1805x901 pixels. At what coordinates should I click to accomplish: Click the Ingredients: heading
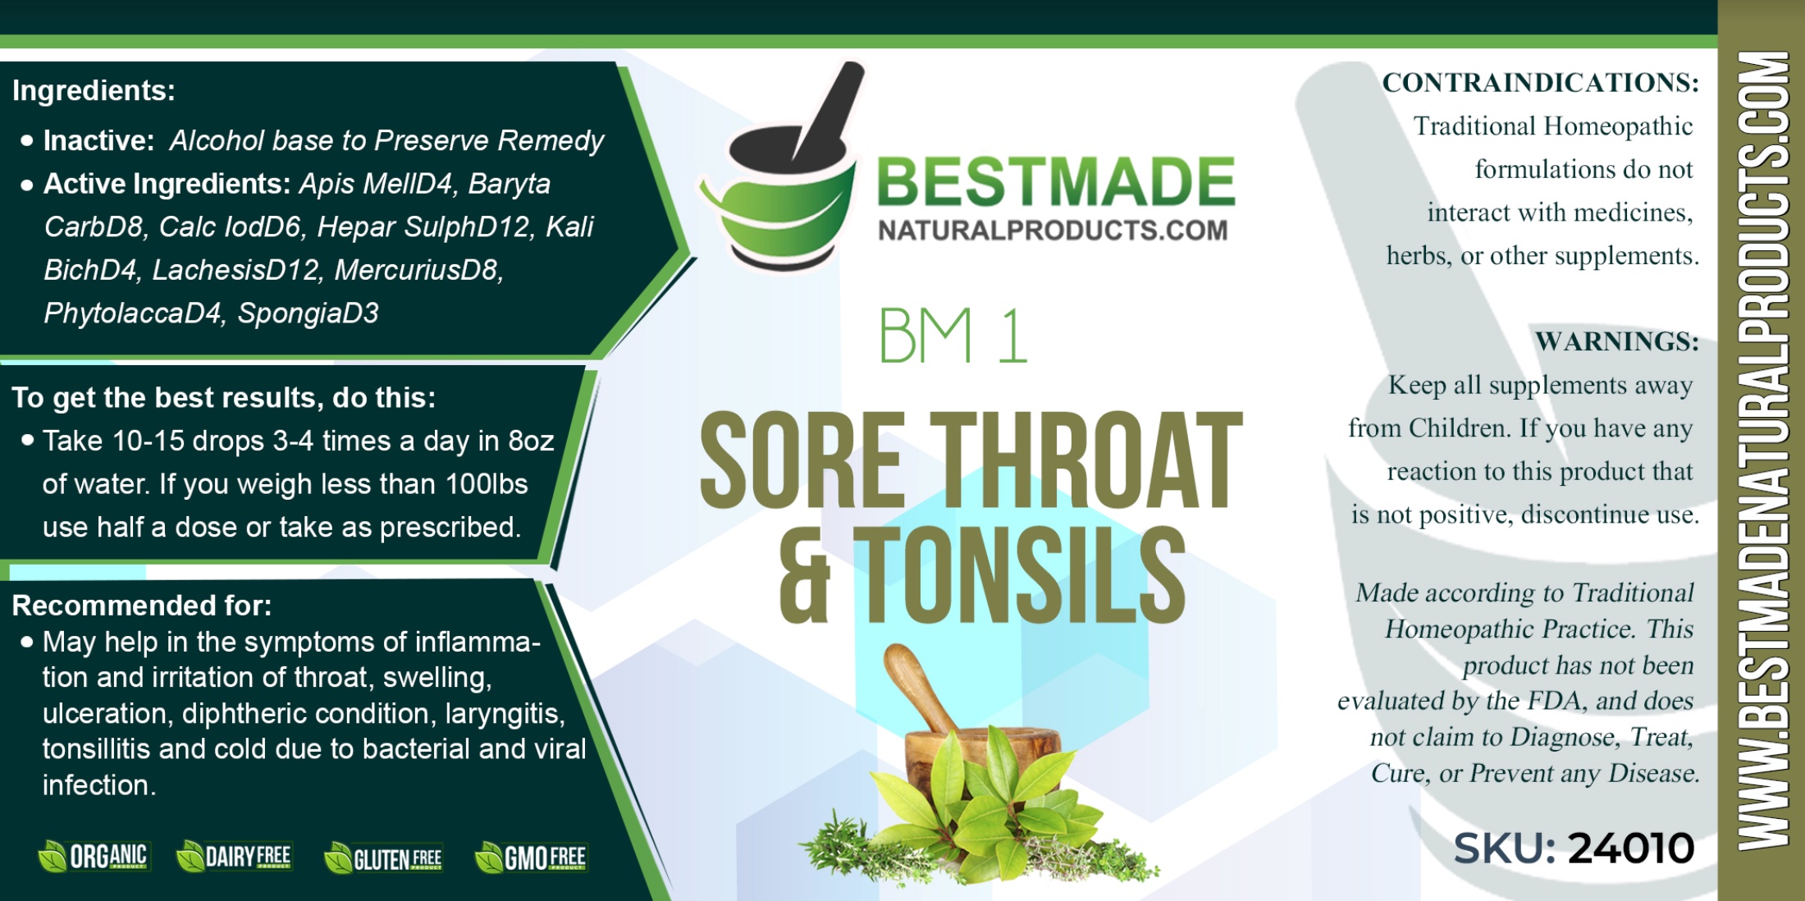click(94, 90)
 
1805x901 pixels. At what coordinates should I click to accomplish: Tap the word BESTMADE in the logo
click(1056, 181)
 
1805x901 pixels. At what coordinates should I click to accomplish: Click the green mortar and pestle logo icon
click(779, 168)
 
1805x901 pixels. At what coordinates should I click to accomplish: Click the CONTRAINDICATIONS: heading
click(1540, 82)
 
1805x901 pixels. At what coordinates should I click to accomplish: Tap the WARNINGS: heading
click(1616, 341)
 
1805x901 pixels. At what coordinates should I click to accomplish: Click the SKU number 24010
click(1631, 848)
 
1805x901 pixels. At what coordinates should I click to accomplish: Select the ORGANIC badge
click(94, 857)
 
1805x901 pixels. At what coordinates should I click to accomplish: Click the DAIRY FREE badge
click(235, 857)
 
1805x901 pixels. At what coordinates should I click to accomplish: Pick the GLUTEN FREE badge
click(383, 858)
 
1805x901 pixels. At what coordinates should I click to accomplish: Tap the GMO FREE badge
click(532, 858)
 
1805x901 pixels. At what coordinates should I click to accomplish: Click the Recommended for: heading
click(141, 606)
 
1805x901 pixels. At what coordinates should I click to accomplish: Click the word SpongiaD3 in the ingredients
click(308, 313)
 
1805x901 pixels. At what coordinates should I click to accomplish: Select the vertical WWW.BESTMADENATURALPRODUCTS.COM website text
click(1763, 450)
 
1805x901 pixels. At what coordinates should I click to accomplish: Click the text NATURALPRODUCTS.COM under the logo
click(1053, 231)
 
